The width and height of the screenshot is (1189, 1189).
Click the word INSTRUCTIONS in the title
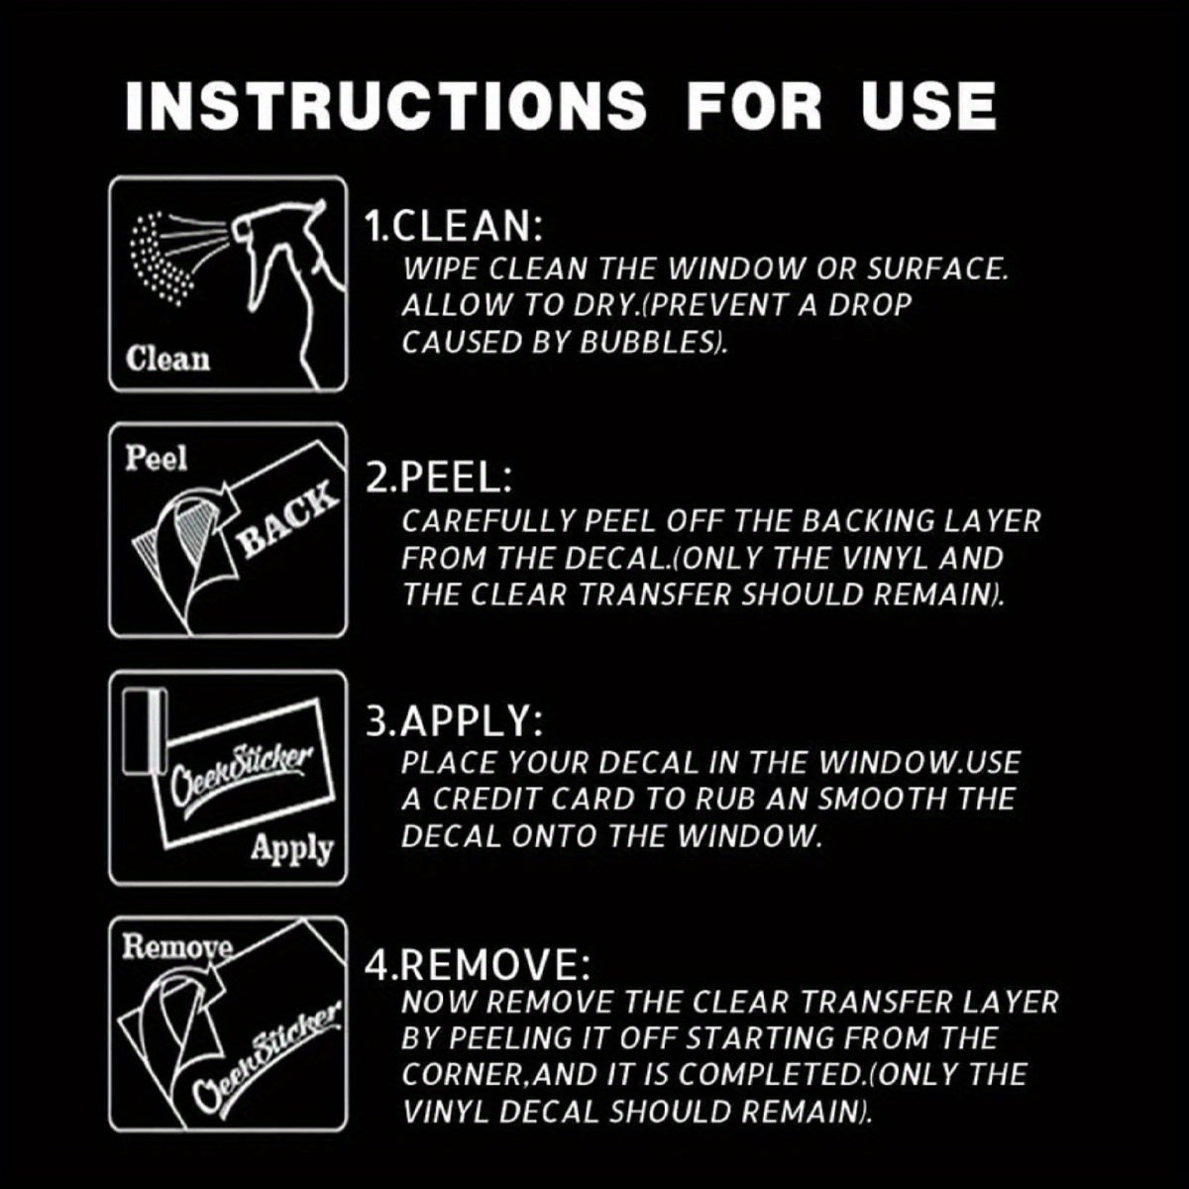[x=385, y=104]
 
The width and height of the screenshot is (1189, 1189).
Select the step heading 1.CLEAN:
[x=454, y=226]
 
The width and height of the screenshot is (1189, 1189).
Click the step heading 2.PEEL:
[x=438, y=479]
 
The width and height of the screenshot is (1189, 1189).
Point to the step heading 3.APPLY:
[x=455, y=721]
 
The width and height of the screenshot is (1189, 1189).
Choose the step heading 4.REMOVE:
[x=477, y=964]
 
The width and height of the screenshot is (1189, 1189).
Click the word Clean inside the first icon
[x=167, y=360]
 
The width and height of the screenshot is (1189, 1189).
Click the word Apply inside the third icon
[x=292, y=849]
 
